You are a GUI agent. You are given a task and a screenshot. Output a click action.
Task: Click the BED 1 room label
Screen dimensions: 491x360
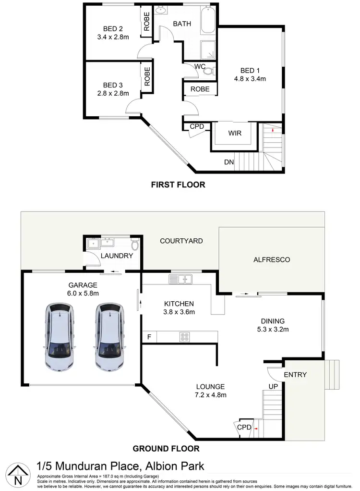[250, 70]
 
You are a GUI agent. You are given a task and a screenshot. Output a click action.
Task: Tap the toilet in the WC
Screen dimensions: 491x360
[208, 72]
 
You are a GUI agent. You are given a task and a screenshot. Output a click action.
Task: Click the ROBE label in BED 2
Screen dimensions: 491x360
[147, 22]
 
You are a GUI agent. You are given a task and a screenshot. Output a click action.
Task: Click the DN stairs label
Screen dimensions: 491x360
[228, 162]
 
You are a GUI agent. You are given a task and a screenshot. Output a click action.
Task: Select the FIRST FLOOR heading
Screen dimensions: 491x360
[178, 184]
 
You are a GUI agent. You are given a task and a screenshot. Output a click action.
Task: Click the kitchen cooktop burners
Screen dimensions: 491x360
[185, 336]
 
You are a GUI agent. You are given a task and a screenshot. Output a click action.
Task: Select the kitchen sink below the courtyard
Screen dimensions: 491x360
[180, 278]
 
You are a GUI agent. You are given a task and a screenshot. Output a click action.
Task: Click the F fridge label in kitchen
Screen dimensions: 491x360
[149, 337]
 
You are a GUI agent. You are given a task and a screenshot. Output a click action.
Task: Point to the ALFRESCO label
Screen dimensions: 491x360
[272, 259]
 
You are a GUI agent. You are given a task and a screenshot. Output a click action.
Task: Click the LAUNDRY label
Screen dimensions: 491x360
[117, 256]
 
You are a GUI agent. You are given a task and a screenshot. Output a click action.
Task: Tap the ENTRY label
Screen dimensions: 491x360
[295, 375]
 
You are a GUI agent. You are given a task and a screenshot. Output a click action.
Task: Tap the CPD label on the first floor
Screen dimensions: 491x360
[197, 127]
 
